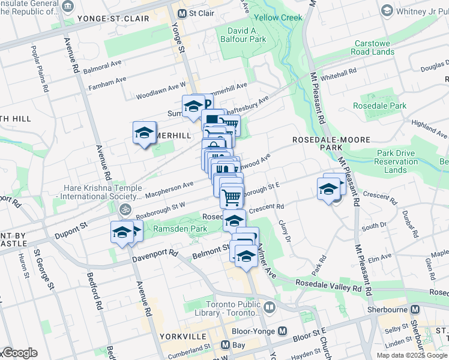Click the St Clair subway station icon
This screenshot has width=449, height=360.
(181, 13)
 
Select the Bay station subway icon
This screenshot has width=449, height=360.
(225, 345)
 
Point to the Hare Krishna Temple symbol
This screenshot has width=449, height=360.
(124, 210)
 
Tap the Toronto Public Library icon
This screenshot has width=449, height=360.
(269, 307)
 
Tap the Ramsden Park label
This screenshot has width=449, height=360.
(180, 229)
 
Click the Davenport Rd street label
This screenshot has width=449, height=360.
(154, 254)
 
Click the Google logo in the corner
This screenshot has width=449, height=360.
(19, 353)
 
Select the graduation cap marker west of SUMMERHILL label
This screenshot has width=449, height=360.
(144, 133)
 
